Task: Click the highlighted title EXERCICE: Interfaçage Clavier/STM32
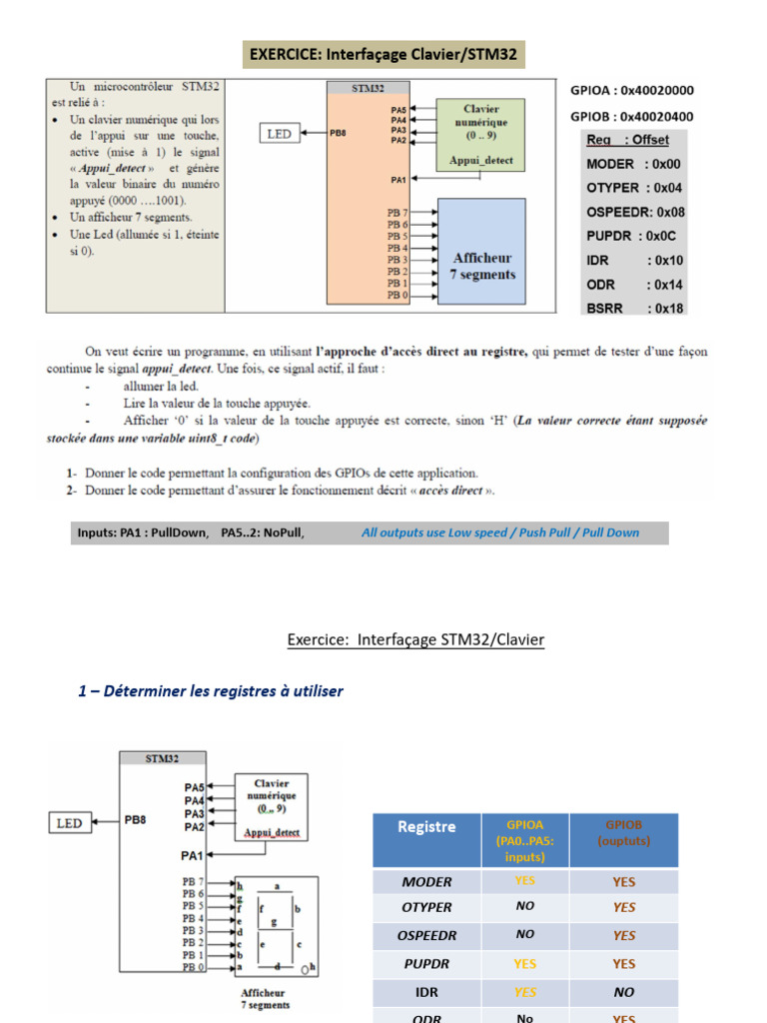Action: click(384, 54)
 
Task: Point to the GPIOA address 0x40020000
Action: click(631, 90)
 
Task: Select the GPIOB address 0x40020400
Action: click(631, 116)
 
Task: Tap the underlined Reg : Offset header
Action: click(627, 140)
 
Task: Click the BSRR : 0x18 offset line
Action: click(634, 308)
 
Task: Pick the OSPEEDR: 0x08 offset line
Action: click(635, 212)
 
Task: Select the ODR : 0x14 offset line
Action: click(634, 284)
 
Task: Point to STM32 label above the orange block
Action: click(368, 88)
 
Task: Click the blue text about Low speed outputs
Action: click(500, 532)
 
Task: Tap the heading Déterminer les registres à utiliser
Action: click(210, 690)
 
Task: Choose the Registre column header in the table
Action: click(426, 827)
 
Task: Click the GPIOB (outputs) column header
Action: click(623, 833)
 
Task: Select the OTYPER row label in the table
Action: click(426, 907)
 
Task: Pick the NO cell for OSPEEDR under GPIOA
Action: click(524, 934)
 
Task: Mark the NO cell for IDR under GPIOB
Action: click(623, 992)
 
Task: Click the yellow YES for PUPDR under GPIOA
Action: click(524, 964)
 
